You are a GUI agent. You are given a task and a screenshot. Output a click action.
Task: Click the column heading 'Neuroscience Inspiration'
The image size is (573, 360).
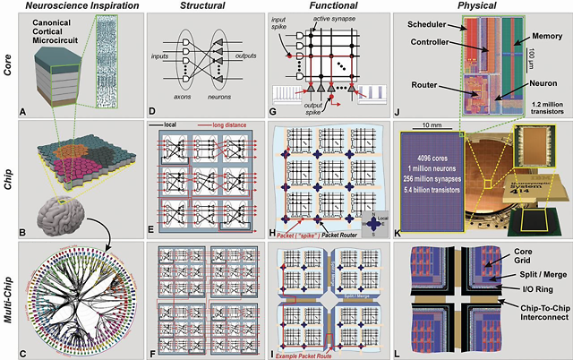pyautogui.click(x=74, y=7)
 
